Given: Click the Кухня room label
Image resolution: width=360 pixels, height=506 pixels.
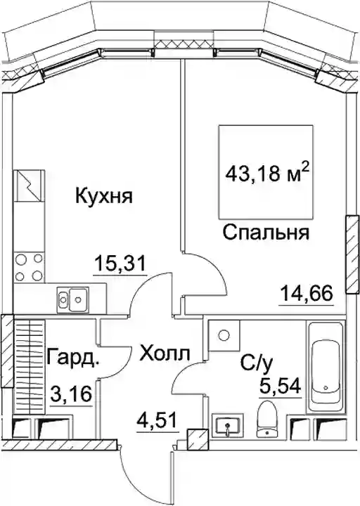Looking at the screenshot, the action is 104,196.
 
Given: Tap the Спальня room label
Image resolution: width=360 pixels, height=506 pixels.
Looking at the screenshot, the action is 266,233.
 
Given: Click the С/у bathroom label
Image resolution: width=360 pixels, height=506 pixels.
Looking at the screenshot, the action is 257,363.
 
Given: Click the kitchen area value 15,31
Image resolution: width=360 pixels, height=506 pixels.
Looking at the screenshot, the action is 120,264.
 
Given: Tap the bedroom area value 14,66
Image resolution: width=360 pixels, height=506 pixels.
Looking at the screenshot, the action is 307,294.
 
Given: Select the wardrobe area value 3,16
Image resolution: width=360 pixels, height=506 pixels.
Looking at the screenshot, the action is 72,394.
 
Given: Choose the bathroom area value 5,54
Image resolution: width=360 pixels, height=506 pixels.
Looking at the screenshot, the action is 281,386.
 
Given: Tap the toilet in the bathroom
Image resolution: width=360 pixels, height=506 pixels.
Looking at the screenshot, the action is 268,419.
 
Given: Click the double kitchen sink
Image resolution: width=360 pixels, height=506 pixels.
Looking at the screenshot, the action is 73,299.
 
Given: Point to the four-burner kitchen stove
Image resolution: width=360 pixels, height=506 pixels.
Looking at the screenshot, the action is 29,267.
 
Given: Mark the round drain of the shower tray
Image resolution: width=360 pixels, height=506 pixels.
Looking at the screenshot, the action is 223,335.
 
